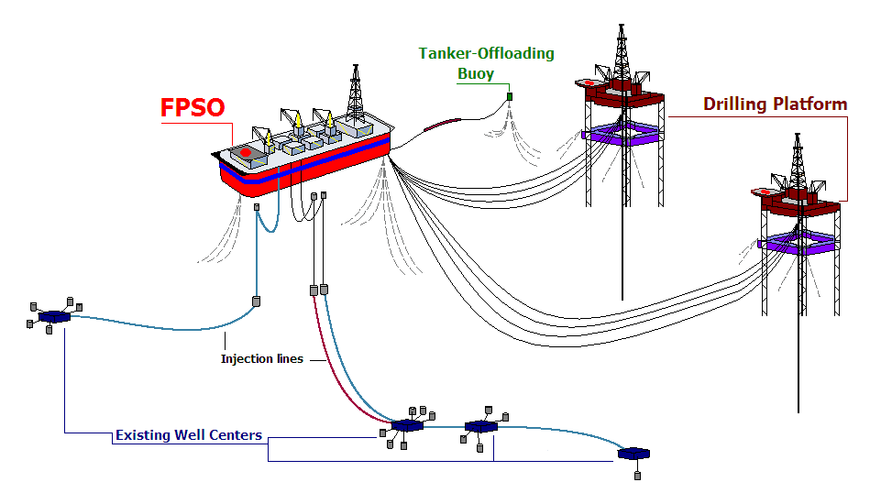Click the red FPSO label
click(193, 107)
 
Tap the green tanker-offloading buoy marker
click(510, 96)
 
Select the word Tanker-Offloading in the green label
click(487, 53)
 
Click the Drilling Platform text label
click(775, 104)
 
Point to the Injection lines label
click(261, 358)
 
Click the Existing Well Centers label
click(189, 435)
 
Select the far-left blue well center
click(54, 316)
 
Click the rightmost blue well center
click(633, 454)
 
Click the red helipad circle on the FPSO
click(245, 151)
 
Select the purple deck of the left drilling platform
click(622, 133)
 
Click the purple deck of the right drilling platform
click(798, 242)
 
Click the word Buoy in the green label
click(476, 73)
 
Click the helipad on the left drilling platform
click(586, 83)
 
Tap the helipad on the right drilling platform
click(761, 192)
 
